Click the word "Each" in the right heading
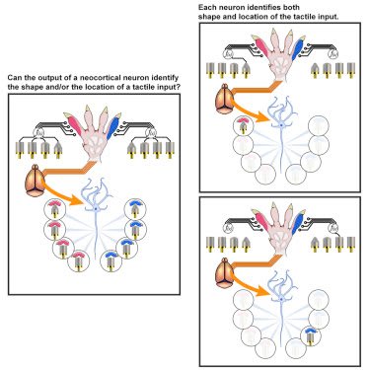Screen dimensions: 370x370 [205, 7]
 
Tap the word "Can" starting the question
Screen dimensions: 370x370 [13, 78]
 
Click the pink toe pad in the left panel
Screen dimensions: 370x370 [75, 125]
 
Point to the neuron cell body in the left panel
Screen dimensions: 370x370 [96, 209]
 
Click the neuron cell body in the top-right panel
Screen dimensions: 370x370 [281, 125]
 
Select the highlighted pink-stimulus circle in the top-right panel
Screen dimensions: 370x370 [243, 126]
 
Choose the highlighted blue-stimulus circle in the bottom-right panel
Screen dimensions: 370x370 [311, 336]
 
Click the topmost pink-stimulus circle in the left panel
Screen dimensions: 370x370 [54, 209]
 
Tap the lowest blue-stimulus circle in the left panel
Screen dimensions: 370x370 [111, 260]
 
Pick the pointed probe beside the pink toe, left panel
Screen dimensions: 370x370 [58, 150]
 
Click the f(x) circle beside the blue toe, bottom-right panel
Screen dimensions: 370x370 [334, 227]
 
